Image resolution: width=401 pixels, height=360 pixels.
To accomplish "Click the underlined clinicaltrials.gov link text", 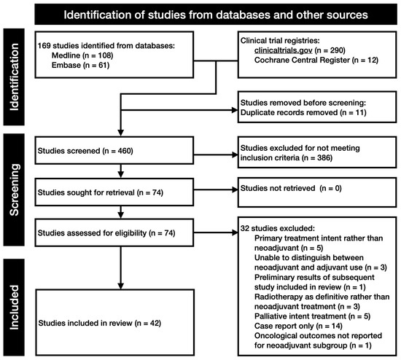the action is point(283,50).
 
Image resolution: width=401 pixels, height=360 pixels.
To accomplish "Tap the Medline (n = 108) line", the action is point(82,55).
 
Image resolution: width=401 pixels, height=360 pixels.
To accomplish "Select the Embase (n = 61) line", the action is point(80,65).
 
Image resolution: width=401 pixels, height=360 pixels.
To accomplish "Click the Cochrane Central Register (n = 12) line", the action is point(316,60).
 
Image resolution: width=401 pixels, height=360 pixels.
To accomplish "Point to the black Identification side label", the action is point(14,77).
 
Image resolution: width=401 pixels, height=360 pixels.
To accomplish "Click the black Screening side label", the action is point(14,189).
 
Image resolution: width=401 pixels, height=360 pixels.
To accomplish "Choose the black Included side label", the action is point(14,307).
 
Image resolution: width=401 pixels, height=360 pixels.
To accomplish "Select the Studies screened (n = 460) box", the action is point(114,150).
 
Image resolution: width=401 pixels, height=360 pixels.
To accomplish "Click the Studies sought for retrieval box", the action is point(114,192).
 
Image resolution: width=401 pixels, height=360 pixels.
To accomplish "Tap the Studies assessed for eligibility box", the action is point(114,232).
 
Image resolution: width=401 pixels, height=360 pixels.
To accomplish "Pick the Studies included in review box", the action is point(114,322).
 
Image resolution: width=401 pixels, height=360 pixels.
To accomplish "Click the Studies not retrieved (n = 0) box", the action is point(317,192).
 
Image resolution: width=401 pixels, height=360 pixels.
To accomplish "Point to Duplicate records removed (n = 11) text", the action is point(303,112).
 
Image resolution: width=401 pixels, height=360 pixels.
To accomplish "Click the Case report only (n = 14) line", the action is point(298,326).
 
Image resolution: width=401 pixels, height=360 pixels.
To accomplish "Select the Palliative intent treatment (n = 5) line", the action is point(312,316).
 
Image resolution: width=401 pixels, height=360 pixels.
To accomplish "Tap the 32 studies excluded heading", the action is point(278,228).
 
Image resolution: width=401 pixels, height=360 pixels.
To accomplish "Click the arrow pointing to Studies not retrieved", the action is point(216,189).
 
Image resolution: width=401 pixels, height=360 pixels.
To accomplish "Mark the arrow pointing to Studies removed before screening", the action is point(179,110).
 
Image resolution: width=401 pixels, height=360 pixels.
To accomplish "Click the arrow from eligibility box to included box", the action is point(121,267).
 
